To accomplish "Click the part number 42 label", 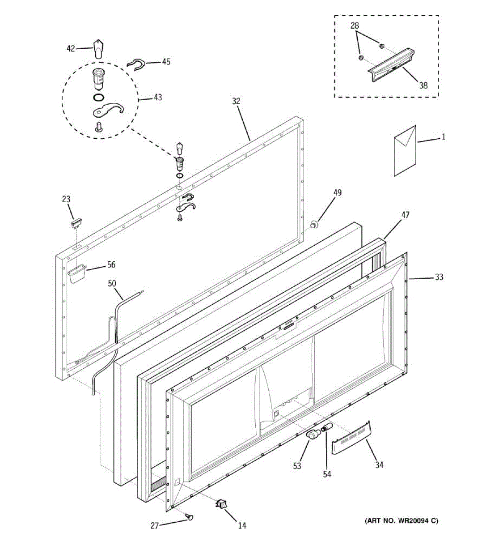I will coord(71,48).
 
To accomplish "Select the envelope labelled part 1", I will coord(405,150).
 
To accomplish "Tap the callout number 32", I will coord(236,102).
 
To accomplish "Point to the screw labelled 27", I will coord(190,517).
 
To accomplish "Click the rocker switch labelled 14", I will coord(220,505).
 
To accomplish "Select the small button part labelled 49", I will coord(314,224).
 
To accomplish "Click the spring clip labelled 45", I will coord(136,65).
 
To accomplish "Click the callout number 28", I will coord(355,26).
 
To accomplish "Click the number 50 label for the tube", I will coord(112,283).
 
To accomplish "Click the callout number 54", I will coord(327,474).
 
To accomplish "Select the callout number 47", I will coord(405,215).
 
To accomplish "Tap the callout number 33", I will coord(439,277).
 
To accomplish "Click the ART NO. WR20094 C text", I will coord(402,520).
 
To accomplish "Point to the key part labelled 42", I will coord(98,47).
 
